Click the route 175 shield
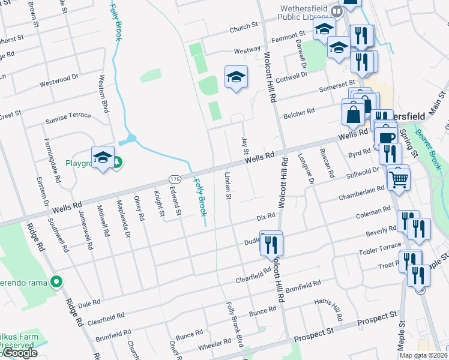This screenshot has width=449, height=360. [175, 179]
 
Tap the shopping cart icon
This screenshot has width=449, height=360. [399, 178]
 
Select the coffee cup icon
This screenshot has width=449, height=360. [385, 137]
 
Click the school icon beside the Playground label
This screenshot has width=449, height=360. [103, 157]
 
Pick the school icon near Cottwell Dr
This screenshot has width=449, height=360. [236, 77]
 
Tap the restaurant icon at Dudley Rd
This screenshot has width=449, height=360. [272, 244]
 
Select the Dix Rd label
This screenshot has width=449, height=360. [265, 216]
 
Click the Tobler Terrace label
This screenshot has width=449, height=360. [379, 250]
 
